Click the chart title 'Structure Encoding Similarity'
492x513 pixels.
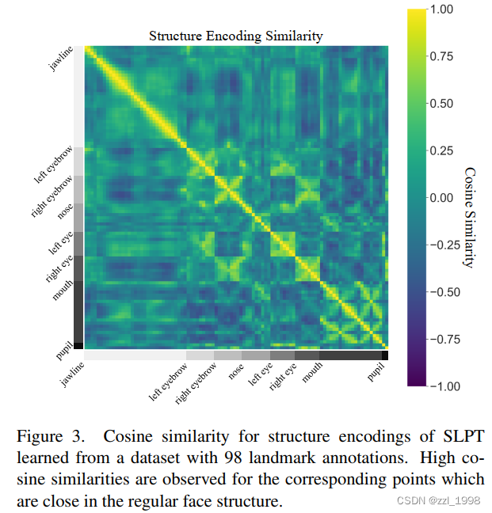pyautogui.click(x=236, y=36)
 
